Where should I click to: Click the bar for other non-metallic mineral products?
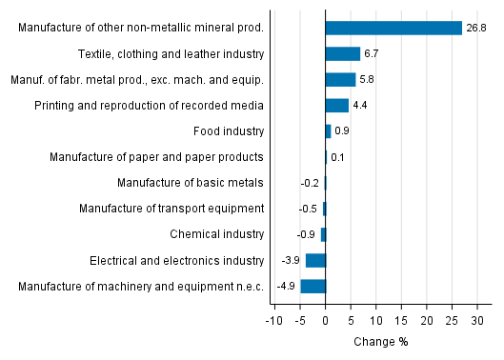[x=393, y=28]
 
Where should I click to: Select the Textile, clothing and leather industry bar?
[x=342, y=53]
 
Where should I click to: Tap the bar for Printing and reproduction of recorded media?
[x=336, y=105]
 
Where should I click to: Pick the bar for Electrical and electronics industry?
[x=315, y=260]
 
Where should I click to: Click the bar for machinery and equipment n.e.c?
[x=312, y=286]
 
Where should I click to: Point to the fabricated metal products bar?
[x=340, y=79]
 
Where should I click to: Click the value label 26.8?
[x=476, y=28]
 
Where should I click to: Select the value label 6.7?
[x=373, y=53]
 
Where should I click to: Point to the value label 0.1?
[x=337, y=156]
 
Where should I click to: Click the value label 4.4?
[x=360, y=105]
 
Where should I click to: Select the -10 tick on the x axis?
[x=273, y=321]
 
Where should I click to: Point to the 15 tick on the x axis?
[x=401, y=321]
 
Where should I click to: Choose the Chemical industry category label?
[x=216, y=234]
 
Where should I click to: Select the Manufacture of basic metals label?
[x=191, y=182]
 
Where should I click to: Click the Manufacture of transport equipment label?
[x=171, y=209]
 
